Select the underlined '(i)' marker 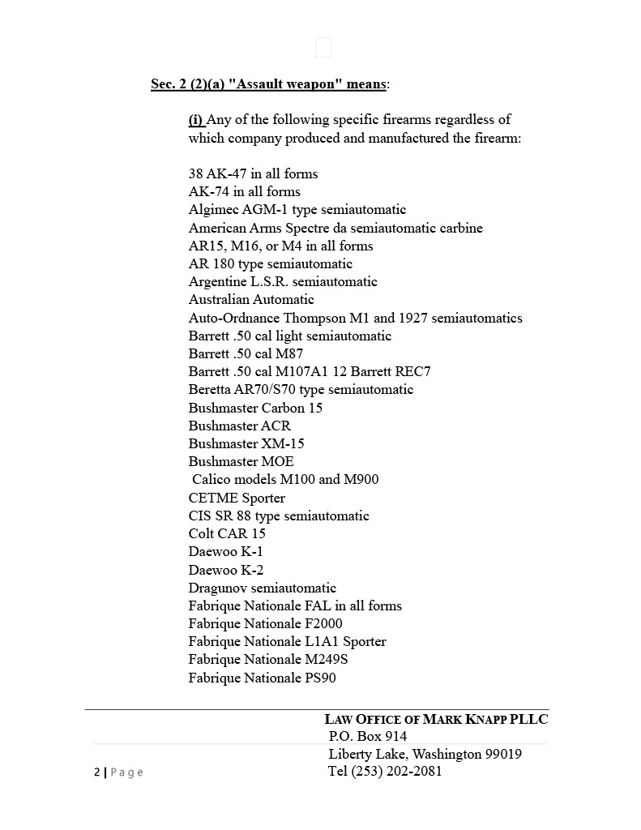point(196,120)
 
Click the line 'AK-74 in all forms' point(244,192)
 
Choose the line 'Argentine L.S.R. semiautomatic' point(283,282)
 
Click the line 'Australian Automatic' point(251,300)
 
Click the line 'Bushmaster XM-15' point(246,443)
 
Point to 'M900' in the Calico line point(361,480)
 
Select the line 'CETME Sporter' point(237,498)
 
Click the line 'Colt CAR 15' point(227,533)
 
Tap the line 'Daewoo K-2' point(225,570)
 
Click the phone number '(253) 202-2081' point(397,772)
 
